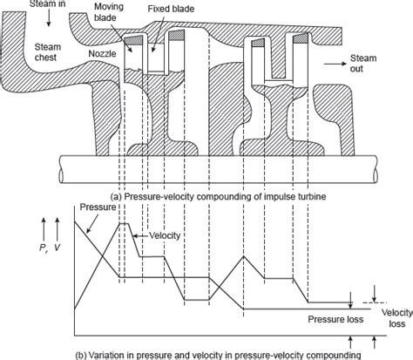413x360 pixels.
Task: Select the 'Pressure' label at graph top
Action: (96, 209)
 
